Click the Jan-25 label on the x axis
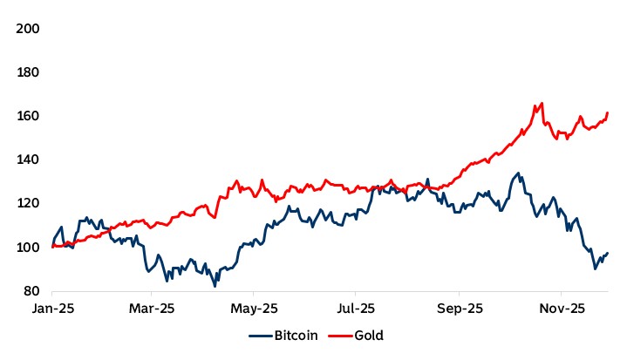(52, 309)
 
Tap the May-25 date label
(255, 309)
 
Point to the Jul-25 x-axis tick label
(356, 309)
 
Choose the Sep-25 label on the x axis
(460, 309)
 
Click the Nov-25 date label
(561, 309)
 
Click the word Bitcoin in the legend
(295, 335)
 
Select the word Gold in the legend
(369, 335)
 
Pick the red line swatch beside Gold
(340, 335)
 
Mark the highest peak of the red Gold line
(542, 103)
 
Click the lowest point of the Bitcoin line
(215, 285)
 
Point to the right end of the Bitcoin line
(608, 253)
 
